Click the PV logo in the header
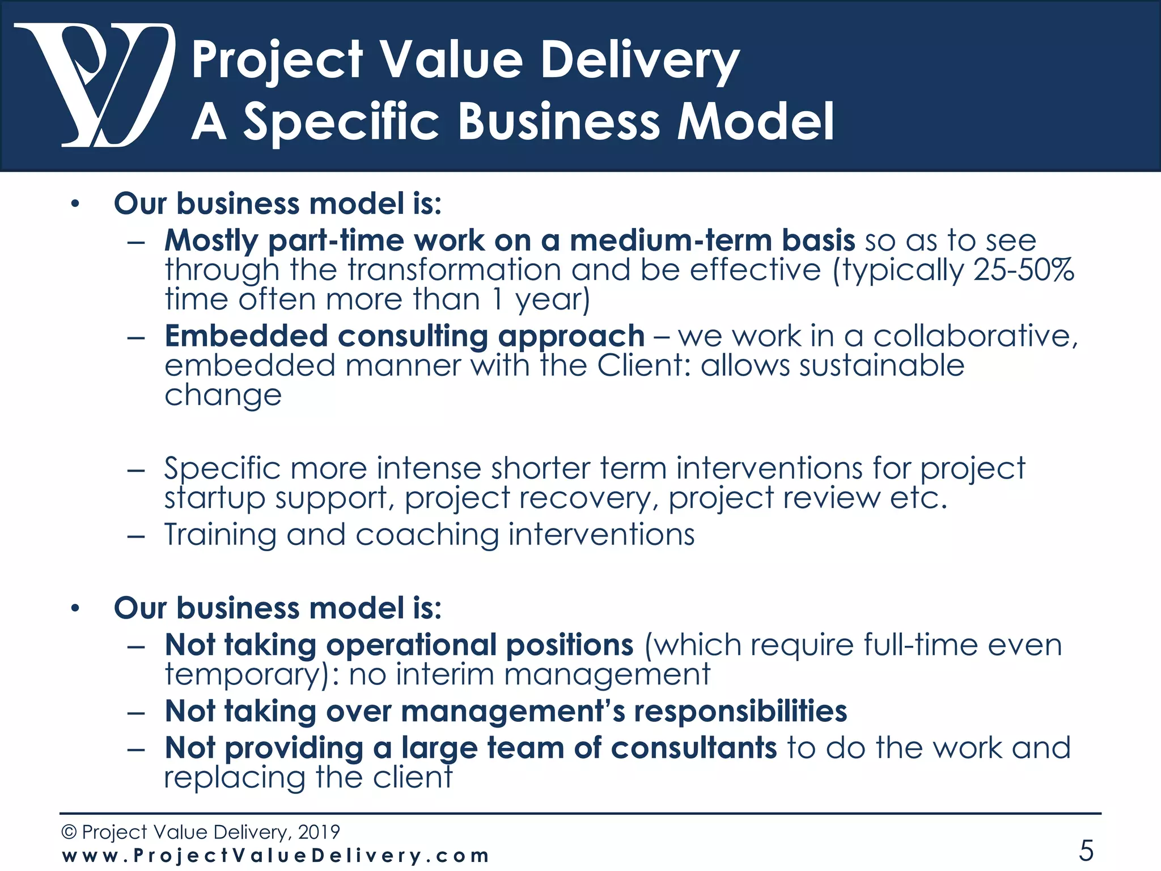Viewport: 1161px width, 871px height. [x=94, y=85]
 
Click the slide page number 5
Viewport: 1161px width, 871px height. [x=1086, y=850]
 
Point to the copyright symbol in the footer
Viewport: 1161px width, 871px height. [x=69, y=832]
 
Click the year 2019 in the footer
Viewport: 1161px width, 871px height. [x=319, y=832]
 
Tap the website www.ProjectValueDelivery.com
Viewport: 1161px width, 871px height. [x=275, y=855]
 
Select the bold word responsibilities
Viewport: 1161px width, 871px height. [x=740, y=711]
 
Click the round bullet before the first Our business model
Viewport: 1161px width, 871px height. [x=75, y=204]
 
